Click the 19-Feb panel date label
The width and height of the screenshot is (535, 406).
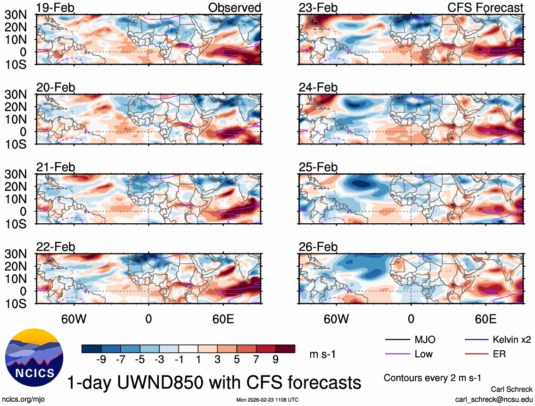pyautogui.click(x=56, y=8)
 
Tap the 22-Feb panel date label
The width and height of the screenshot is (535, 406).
pyautogui.click(x=56, y=247)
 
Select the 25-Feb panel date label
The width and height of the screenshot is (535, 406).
pyautogui.click(x=318, y=168)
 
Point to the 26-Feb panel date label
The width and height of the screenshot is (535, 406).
pyautogui.click(x=318, y=247)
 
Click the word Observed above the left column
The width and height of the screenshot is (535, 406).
pyautogui.click(x=234, y=8)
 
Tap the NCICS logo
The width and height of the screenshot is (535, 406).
pyautogui.click(x=33, y=356)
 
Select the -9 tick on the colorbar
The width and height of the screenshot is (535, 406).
pyautogui.click(x=100, y=360)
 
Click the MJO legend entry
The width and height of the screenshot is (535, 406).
pyautogui.click(x=425, y=339)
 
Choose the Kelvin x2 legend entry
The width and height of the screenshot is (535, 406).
pyautogui.click(x=512, y=339)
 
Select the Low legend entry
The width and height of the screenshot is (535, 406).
pyautogui.click(x=423, y=354)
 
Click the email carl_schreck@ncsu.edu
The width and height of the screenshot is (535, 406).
pyautogui.click(x=494, y=399)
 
